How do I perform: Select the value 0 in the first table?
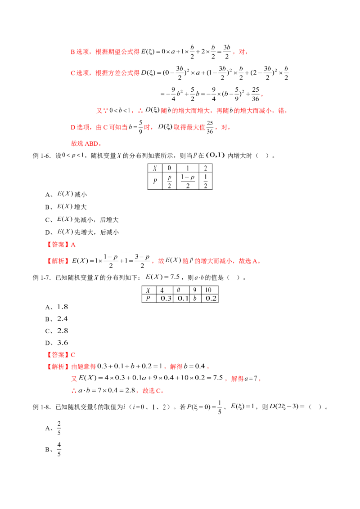point(170,168)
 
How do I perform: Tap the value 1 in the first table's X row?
point(188,168)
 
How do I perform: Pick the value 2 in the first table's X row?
point(206,168)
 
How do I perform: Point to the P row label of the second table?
point(148,298)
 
